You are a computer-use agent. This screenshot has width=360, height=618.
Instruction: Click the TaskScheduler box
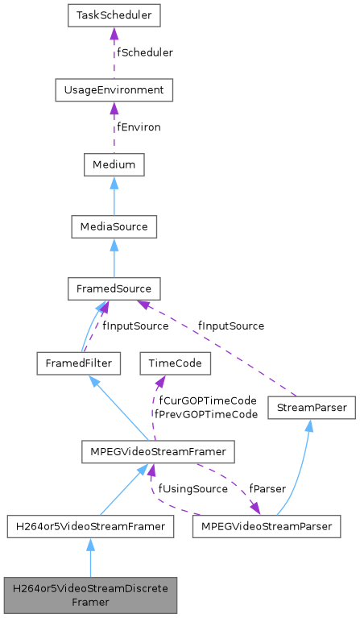coord(114,15)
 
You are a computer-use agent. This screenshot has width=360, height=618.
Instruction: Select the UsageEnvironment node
coord(114,89)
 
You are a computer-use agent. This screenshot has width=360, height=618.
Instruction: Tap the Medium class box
coord(114,165)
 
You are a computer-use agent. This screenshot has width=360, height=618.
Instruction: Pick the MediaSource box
coord(114,227)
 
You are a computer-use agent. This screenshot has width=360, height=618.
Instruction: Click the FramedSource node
coord(114,288)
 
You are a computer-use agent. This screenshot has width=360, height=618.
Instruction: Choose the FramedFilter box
coord(78,363)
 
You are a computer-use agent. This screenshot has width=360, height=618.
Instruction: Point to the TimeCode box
coord(175,363)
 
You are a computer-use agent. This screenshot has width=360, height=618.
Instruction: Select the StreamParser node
coord(311,408)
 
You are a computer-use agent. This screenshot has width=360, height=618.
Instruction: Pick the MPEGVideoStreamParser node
coord(267,526)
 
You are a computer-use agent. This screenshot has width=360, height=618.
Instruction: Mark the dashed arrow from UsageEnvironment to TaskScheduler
coord(114,52)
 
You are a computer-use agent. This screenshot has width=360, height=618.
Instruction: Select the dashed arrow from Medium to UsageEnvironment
coord(114,127)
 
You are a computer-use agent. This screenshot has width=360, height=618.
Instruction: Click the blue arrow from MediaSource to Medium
coord(114,196)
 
